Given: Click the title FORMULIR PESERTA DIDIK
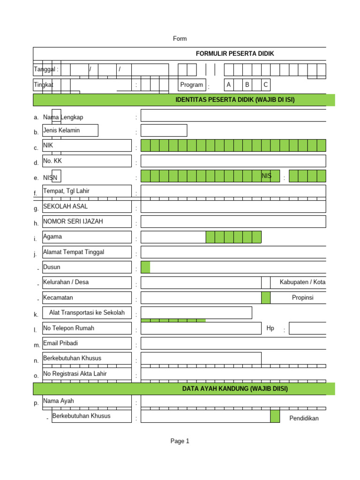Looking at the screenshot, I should [235, 53].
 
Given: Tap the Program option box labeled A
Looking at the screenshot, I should [229, 85].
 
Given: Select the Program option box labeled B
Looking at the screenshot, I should [247, 85].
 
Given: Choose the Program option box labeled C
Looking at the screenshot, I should [265, 85].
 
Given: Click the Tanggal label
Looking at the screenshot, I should [46, 69].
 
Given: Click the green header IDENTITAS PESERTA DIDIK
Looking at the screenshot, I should [235, 100].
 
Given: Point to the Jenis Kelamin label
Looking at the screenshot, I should [61, 130].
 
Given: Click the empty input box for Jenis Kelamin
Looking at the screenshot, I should [164, 130].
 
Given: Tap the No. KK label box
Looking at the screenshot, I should [87, 161].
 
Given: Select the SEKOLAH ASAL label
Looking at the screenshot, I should [65, 206].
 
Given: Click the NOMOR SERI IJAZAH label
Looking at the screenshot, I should [73, 221].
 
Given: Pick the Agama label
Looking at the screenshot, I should [52, 237].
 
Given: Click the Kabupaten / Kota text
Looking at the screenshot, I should [302, 282].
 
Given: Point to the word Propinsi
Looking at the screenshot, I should [302, 298].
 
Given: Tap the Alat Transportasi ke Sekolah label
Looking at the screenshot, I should [87, 313].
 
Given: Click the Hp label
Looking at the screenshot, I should [270, 328].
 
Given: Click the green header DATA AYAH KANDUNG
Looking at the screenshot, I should [235, 389].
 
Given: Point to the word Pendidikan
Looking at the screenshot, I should [304, 418].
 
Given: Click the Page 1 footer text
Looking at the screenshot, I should [180, 441].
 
